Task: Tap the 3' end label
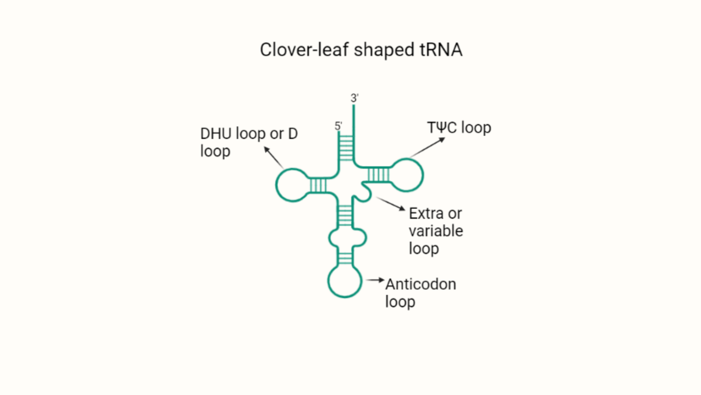click(x=354, y=98)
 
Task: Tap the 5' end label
click(x=338, y=126)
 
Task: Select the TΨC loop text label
click(x=459, y=128)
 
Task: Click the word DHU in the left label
click(x=216, y=134)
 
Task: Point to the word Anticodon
click(x=421, y=284)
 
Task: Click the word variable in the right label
click(x=436, y=231)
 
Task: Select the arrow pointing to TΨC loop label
click(x=427, y=147)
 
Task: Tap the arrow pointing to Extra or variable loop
click(x=390, y=203)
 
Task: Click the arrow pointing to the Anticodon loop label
click(x=375, y=280)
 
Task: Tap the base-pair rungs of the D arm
click(x=318, y=185)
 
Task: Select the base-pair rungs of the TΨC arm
click(x=378, y=174)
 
